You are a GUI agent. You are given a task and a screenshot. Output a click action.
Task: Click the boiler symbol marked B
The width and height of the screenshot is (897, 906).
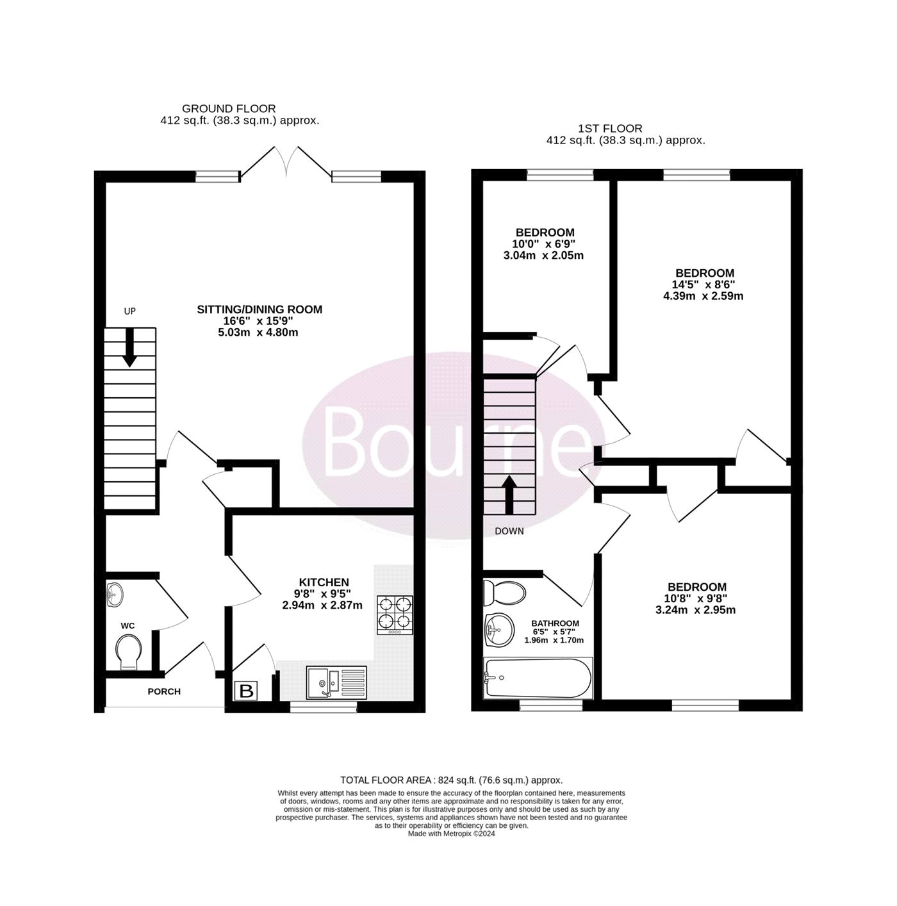(245, 691)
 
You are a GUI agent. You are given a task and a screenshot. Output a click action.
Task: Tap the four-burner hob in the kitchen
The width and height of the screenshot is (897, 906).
(394, 615)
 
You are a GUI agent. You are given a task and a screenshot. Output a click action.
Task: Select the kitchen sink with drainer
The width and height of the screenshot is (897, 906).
(336, 682)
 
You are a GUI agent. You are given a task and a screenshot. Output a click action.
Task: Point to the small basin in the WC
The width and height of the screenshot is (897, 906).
(115, 595)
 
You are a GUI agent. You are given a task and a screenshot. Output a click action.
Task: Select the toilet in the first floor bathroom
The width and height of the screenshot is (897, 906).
(504, 593)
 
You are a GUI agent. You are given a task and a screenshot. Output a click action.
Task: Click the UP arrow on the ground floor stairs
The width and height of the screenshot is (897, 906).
(129, 347)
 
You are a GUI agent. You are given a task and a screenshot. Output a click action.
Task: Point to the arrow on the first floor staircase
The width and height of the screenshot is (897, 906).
(509, 495)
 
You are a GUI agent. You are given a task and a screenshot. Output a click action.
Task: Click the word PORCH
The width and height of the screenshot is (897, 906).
(163, 691)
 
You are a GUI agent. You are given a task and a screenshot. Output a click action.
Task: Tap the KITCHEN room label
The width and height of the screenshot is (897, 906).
(324, 582)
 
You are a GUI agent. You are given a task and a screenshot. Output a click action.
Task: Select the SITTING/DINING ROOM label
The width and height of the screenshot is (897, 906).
(259, 309)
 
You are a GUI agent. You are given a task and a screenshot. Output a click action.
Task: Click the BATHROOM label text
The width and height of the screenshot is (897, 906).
(555, 623)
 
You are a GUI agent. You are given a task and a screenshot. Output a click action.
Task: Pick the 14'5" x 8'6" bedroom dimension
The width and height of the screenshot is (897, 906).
(705, 284)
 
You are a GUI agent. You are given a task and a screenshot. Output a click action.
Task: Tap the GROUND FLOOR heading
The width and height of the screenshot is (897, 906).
(229, 109)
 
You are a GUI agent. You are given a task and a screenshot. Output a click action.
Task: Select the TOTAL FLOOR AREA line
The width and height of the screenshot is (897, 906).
(451, 780)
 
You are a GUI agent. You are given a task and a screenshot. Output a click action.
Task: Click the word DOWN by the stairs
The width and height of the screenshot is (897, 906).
(509, 531)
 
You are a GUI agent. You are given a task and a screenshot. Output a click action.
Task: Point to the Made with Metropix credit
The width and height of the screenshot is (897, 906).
(451, 834)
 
